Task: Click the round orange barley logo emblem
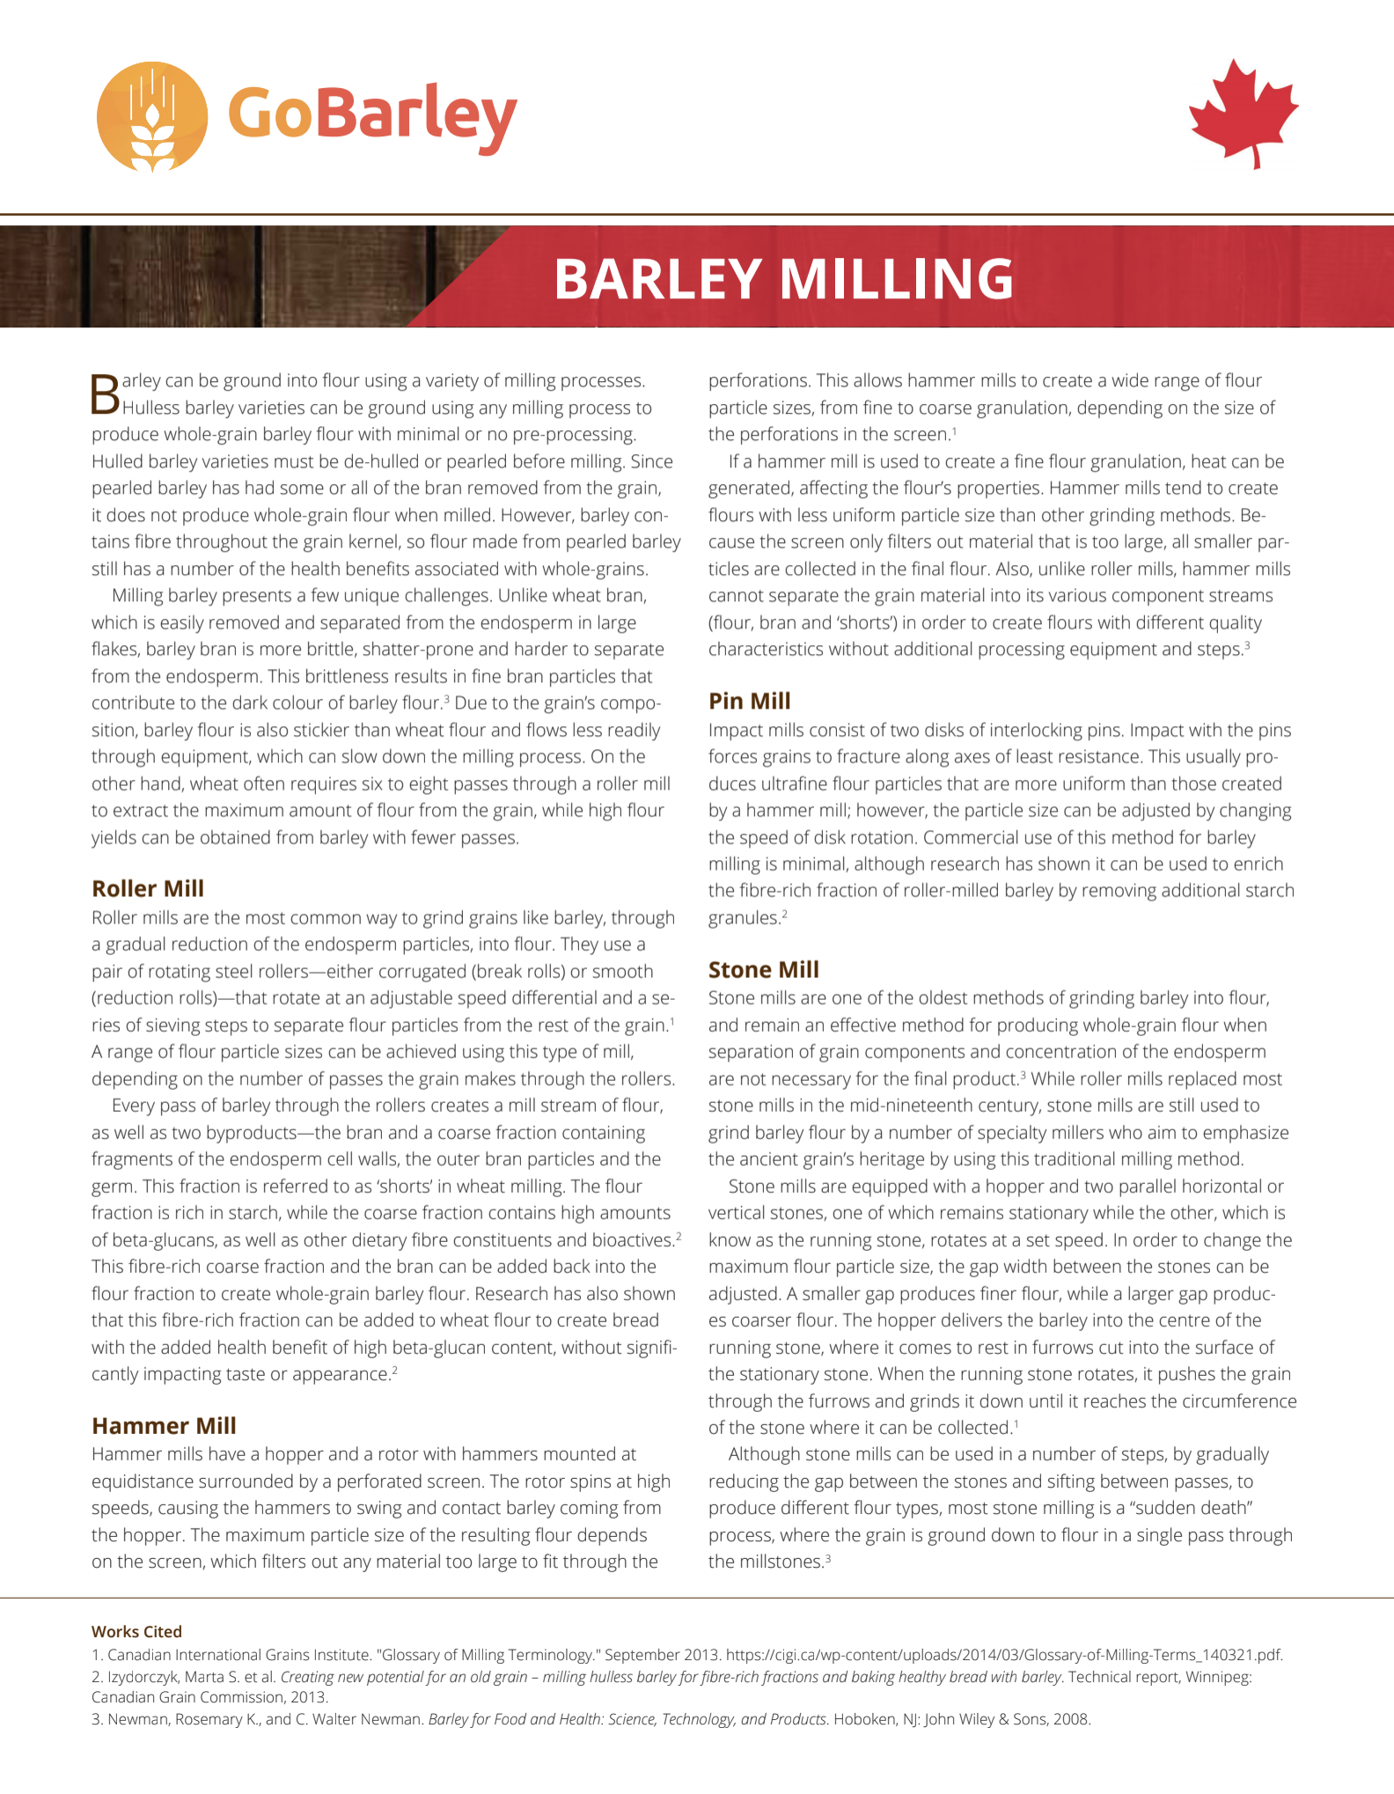click(152, 116)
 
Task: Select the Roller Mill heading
click(148, 888)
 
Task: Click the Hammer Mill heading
click(164, 1425)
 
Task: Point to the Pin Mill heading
click(749, 701)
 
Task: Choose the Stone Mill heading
click(763, 969)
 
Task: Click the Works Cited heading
click(136, 1631)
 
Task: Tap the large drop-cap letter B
click(106, 393)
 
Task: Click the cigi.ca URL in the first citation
click(1003, 1655)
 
